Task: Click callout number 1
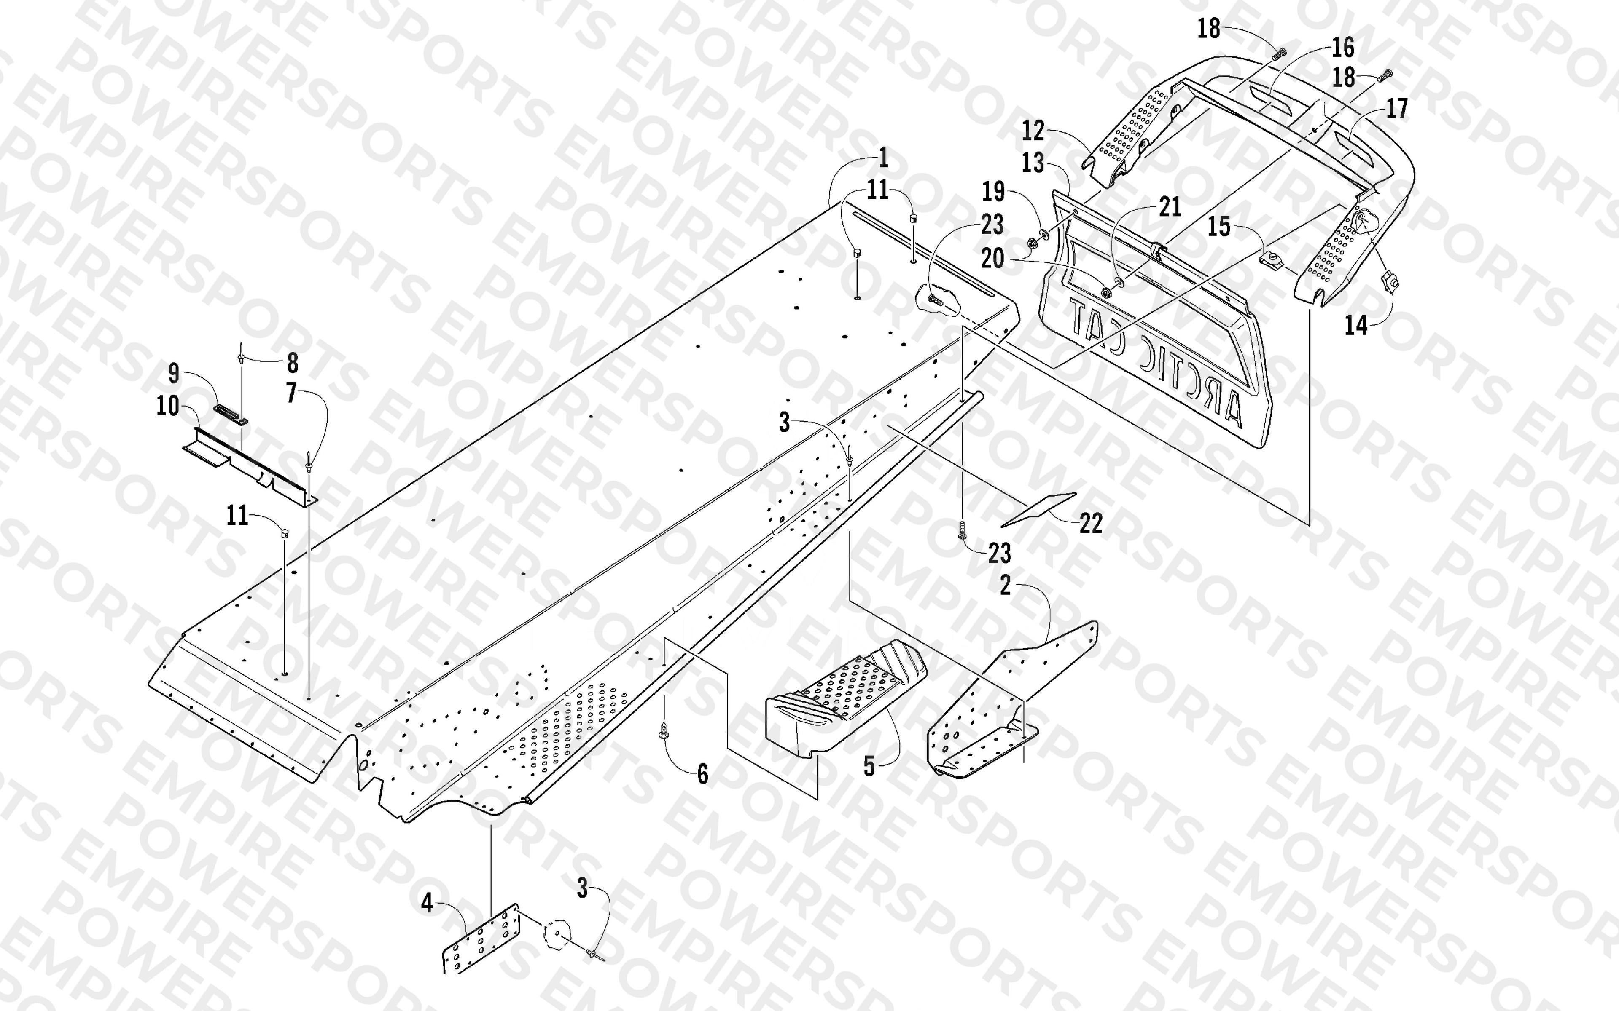[x=884, y=158]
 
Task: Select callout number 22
[x=1090, y=523]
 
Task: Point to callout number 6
[x=702, y=774]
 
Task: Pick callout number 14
[x=1356, y=326]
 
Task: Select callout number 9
[x=174, y=373]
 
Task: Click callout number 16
[x=1343, y=48]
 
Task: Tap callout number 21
[x=1170, y=207]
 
